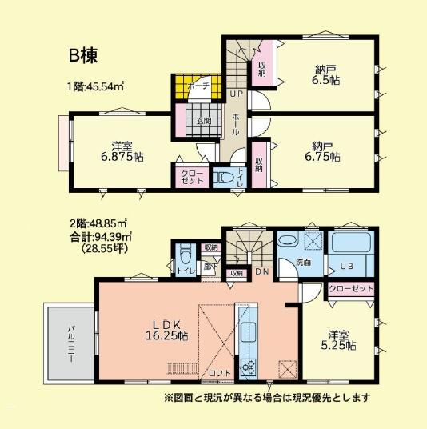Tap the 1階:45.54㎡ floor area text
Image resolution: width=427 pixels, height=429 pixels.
point(100,86)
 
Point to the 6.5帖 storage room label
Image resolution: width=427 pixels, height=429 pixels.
point(325,74)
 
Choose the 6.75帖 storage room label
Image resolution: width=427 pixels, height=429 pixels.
point(325,152)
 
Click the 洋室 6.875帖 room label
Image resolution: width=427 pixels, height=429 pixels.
point(122,151)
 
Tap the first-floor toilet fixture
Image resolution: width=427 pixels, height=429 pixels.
point(225,177)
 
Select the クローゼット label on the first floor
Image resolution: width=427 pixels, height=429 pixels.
point(190,176)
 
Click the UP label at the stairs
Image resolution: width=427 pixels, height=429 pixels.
point(236,94)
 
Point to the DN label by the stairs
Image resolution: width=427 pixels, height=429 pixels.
point(261,272)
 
